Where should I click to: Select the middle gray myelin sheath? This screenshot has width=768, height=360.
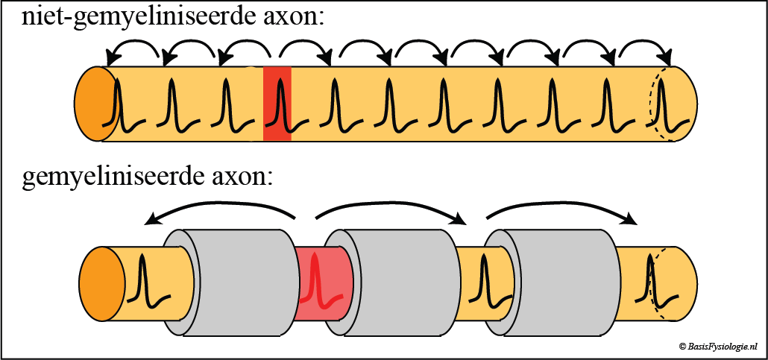click(x=403, y=284)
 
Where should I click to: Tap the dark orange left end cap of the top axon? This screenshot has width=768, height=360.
click(x=91, y=104)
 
